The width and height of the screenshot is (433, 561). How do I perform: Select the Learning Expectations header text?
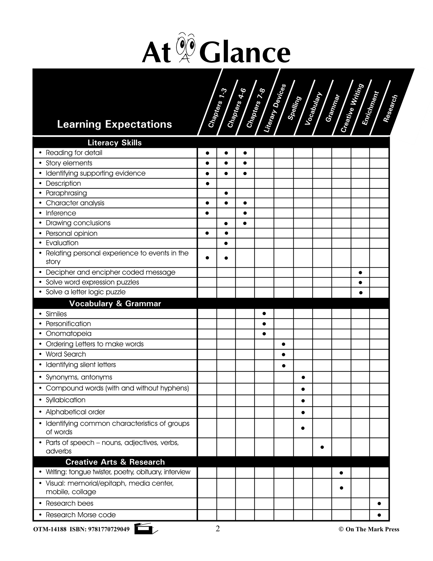(x=114, y=124)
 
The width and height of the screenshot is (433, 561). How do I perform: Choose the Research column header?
(x=390, y=108)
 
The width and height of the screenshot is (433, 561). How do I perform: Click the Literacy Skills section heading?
(x=114, y=143)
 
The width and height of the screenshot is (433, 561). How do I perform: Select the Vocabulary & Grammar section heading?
(x=115, y=304)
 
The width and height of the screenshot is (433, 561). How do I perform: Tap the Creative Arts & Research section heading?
(x=115, y=462)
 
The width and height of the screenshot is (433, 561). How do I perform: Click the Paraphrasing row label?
(x=66, y=193)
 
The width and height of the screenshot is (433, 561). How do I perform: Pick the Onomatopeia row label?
(x=69, y=334)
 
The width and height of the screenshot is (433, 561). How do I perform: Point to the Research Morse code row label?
(x=81, y=515)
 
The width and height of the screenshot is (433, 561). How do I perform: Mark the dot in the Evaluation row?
(x=226, y=243)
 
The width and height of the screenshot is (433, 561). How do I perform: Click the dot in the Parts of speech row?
(x=322, y=447)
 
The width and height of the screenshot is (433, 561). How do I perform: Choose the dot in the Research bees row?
(x=379, y=504)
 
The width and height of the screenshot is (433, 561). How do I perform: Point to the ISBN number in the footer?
(x=109, y=529)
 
